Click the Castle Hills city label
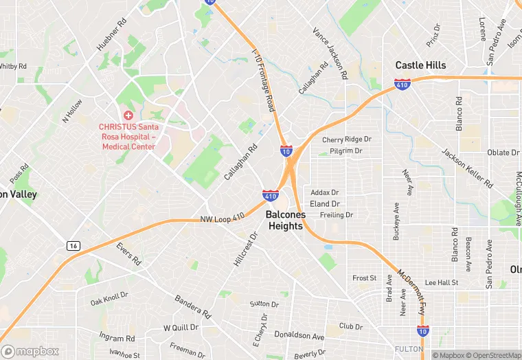pyautogui.click(x=421, y=65)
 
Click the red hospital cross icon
pyautogui.click(x=128, y=115)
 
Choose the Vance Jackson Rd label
pyautogui.click(x=330, y=52)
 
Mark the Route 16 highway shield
pyautogui.click(x=73, y=245)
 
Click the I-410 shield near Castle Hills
pyautogui.click(x=402, y=85)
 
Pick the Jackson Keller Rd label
pyautogui.click(x=467, y=168)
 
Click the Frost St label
pyautogui.click(x=364, y=278)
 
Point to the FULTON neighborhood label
pyautogui.click(x=409, y=349)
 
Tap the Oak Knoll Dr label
pyautogui.click(x=109, y=299)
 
